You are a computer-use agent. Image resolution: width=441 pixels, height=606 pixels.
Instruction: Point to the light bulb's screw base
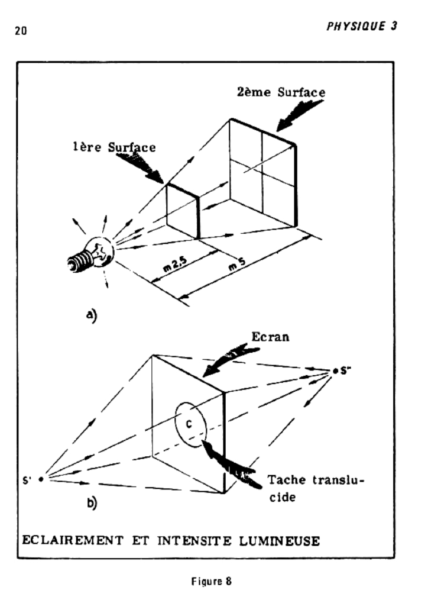click(x=79, y=261)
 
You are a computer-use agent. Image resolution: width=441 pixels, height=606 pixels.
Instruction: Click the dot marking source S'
click(x=41, y=479)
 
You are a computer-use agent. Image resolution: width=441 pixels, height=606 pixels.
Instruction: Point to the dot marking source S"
click(x=335, y=371)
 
